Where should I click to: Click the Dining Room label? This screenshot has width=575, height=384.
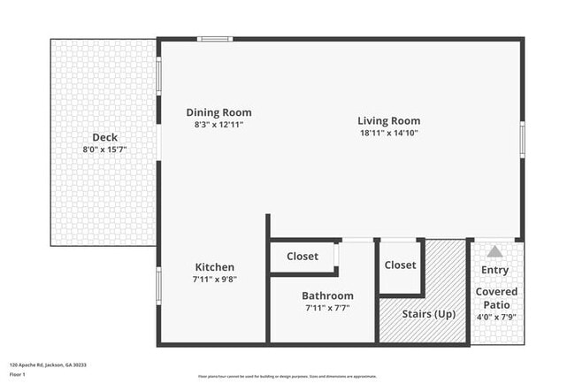pos(218,112)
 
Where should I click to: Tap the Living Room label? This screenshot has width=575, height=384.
pos(388,120)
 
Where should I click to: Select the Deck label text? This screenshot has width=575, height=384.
pos(105,137)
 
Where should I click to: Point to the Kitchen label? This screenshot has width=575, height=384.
pos(215,267)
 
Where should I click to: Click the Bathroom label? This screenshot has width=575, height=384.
pos(327,296)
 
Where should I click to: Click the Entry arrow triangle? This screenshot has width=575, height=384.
pos(495,251)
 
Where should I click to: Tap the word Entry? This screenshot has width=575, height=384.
pos(494,270)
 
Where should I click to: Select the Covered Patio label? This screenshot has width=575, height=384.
pos(496,297)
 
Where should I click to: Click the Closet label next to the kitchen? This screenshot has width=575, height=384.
pos(303,257)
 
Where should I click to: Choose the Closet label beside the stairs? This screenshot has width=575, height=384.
pos(400,265)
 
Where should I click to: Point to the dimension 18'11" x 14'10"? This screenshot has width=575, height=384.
pos(388,133)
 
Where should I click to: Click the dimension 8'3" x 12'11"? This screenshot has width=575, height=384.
pos(218,125)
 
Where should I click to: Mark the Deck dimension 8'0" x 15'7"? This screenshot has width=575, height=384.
pos(105,150)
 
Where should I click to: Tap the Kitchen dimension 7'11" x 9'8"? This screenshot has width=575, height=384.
pos(215,279)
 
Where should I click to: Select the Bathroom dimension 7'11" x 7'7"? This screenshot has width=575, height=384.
pos(327,308)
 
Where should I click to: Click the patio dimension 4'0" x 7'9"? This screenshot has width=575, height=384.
pos(496,316)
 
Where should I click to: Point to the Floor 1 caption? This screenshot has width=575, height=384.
pos(18,374)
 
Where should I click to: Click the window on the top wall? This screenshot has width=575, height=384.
pos(214,38)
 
